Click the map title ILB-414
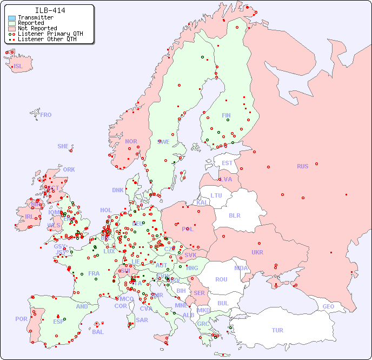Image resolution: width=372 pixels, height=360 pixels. pyautogui.click(x=50, y=10)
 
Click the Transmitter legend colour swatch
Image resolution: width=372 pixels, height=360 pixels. pyautogui.click(x=12, y=18)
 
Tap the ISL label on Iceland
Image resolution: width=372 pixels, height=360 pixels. pyautogui.click(x=18, y=67)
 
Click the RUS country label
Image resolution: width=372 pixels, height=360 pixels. pyautogui.click(x=302, y=166)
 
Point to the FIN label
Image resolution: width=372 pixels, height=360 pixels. pyautogui.click(x=226, y=115)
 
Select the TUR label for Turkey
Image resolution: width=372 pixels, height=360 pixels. pyautogui.click(x=277, y=330)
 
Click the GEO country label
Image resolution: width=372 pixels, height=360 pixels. pyautogui.click(x=328, y=306)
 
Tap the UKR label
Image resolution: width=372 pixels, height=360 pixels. pyautogui.click(x=257, y=252)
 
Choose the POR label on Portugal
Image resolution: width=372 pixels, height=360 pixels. pyautogui.click(x=21, y=319)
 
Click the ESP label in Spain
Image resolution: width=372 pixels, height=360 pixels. pyautogui.click(x=58, y=321)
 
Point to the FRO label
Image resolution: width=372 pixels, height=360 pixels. pyautogui.click(x=46, y=115)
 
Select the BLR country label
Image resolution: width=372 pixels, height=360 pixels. pyautogui.click(x=234, y=215)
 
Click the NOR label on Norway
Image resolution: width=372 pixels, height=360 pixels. pyautogui.click(x=131, y=141)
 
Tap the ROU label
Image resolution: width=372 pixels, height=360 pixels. pyautogui.click(x=221, y=279)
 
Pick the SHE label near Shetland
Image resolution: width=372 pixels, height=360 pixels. pyautogui.click(x=63, y=146)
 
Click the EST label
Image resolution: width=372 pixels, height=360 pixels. pyautogui.click(x=227, y=163)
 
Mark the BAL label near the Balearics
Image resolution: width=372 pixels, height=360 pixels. pyautogui.click(x=97, y=332)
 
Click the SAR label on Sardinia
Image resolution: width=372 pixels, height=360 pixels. pyautogui.click(x=142, y=320)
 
